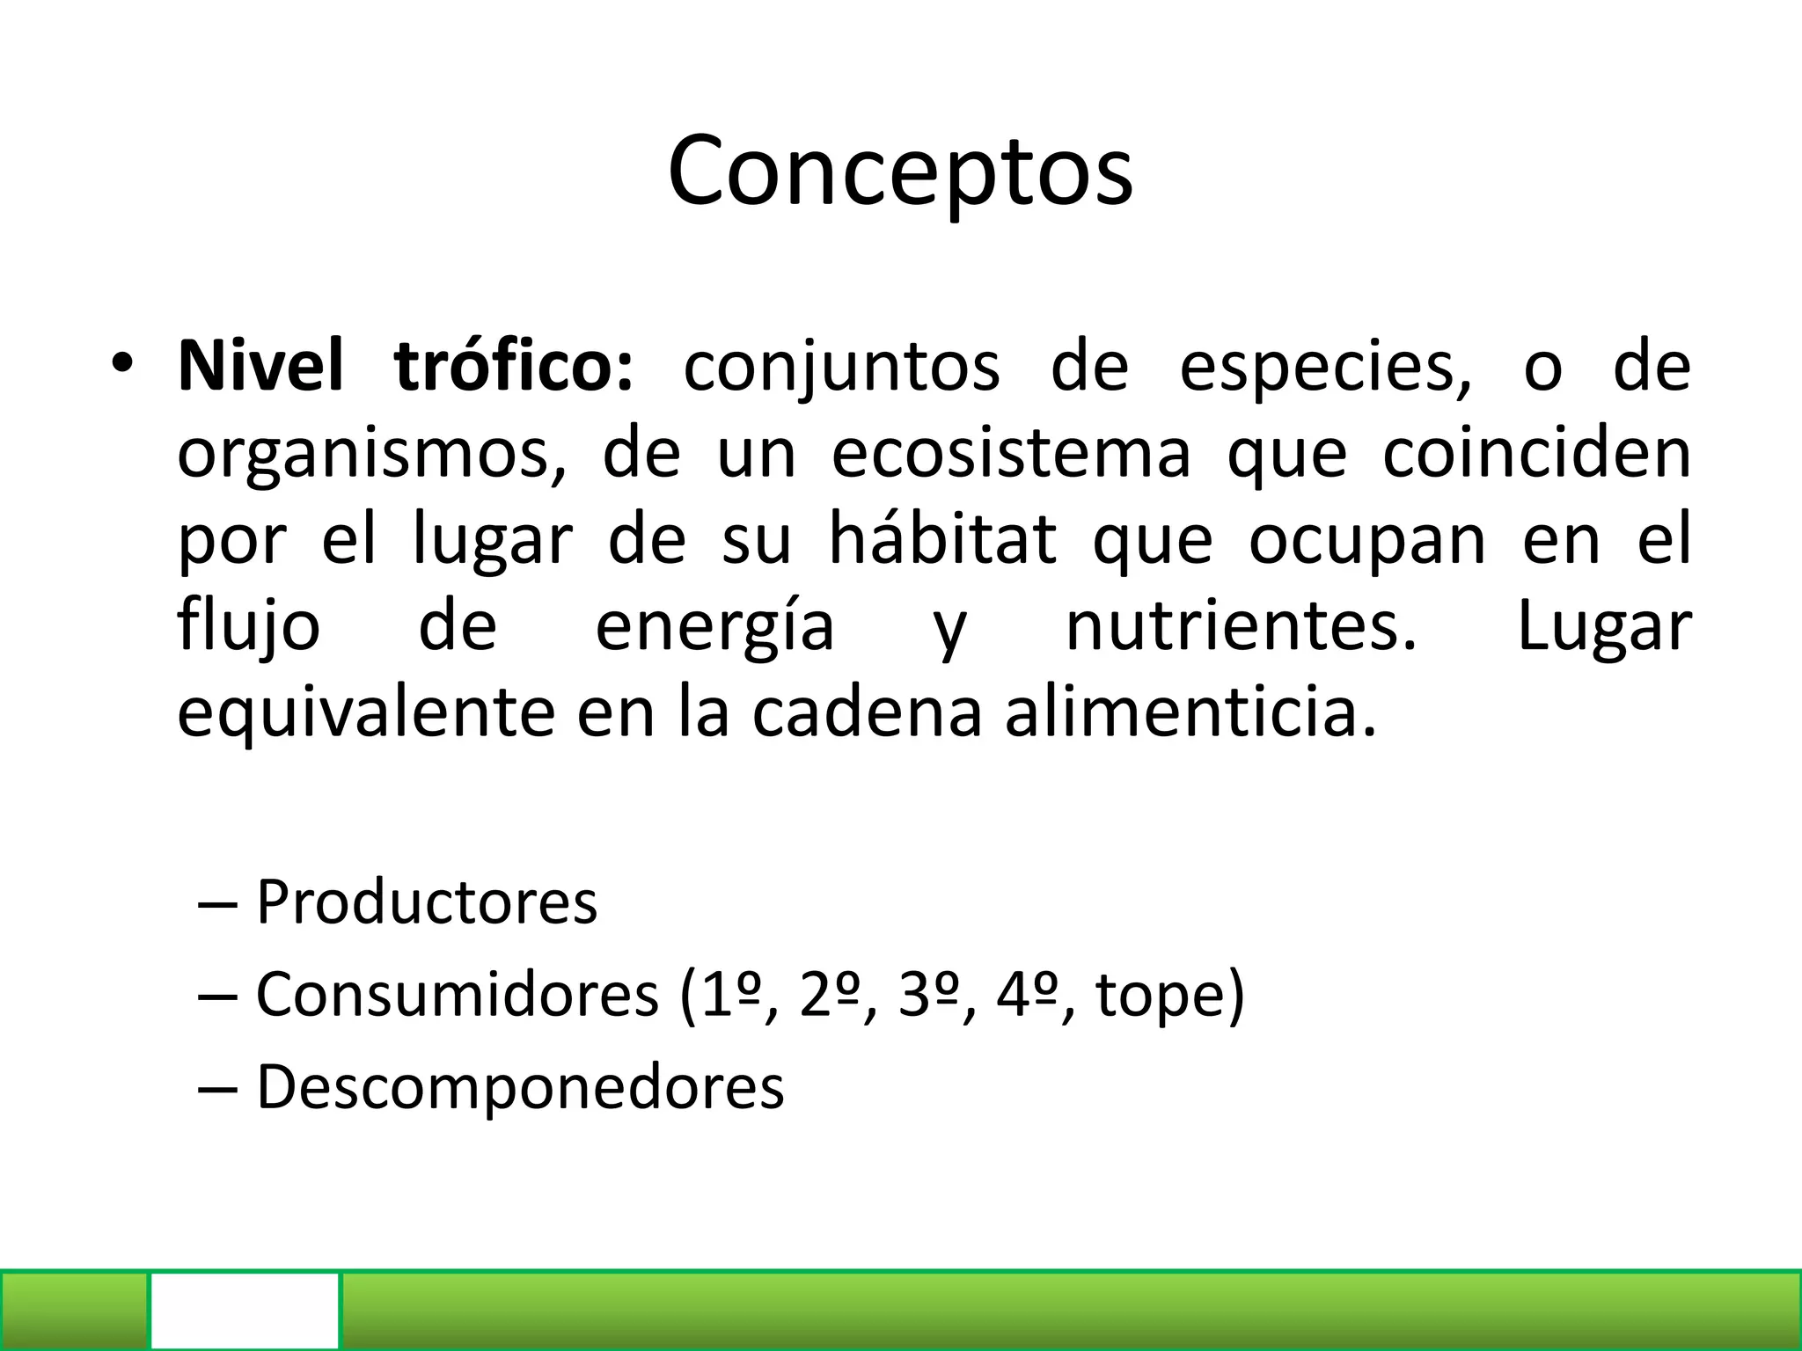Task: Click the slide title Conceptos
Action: [x=900, y=172]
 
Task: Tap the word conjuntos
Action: [x=841, y=368]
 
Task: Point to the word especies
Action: [x=1324, y=368]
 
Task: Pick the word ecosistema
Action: [x=1011, y=454]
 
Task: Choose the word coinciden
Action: [x=1536, y=454]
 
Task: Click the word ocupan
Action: [x=1367, y=542]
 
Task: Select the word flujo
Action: [x=249, y=626]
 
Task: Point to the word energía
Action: [x=714, y=628]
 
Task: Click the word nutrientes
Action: [x=1241, y=626]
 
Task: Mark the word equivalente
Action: [x=366, y=712]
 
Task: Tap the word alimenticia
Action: [x=1190, y=712]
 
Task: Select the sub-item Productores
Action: [x=427, y=902]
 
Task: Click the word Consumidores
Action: [x=458, y=995]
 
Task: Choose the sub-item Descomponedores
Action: [x=520, y=1087]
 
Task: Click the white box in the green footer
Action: [x=245, y=1310]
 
